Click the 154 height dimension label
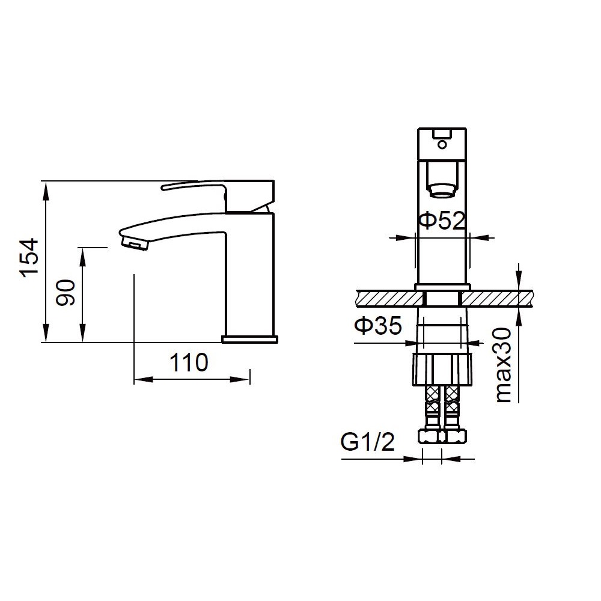click(x=29, y=257)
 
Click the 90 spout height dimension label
click(x=65, y=293)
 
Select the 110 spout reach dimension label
click(x=189, y=362)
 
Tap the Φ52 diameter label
click(x=442, y=221)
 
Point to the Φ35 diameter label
click(x=378, y=325)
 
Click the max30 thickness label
click(x=503, y=365)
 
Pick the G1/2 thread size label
click(x=368, y=442)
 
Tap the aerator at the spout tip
click(x=134, y=243)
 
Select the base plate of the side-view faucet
click(x=250, y=339)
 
